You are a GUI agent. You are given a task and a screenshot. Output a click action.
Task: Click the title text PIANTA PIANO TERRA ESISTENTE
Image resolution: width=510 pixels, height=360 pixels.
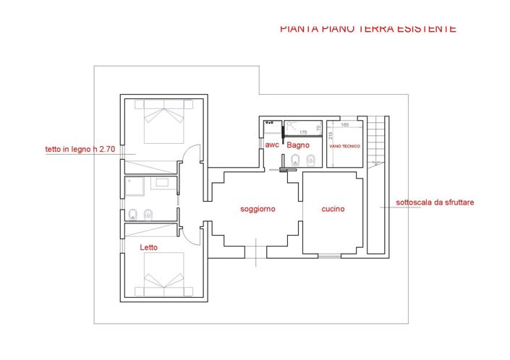point(367,29)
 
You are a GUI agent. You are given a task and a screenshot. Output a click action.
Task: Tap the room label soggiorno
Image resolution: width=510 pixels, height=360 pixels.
point(258,209)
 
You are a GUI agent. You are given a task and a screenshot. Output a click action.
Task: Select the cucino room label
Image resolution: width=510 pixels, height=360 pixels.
point(333,209)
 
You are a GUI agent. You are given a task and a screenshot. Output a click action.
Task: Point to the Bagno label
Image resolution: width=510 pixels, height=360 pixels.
point(298,145)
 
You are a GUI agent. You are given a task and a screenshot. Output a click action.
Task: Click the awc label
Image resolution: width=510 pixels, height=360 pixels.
point(272,145)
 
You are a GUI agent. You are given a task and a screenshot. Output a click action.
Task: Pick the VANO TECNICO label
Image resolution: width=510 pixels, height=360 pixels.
point(344,145)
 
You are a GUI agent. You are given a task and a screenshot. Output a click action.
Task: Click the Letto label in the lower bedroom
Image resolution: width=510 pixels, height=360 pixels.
point(148,247)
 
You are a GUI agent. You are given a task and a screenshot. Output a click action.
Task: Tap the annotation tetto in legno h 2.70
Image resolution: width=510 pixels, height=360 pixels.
point(80,150)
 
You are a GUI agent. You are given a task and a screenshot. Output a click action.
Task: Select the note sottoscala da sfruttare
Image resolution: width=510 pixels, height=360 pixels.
point(435,202)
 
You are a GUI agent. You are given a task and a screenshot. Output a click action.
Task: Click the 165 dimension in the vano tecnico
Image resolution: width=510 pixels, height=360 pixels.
point(344,125)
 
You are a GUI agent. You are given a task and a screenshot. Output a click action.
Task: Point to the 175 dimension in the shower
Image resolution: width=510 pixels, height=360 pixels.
point(303,132)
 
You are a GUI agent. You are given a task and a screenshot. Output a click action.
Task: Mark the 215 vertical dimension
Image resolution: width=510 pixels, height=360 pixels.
point(330,135)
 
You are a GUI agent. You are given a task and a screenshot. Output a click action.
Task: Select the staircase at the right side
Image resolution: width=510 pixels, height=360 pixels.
point(376,145)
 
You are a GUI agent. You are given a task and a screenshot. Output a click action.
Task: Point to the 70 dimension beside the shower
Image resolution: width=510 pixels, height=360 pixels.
point(318,128)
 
